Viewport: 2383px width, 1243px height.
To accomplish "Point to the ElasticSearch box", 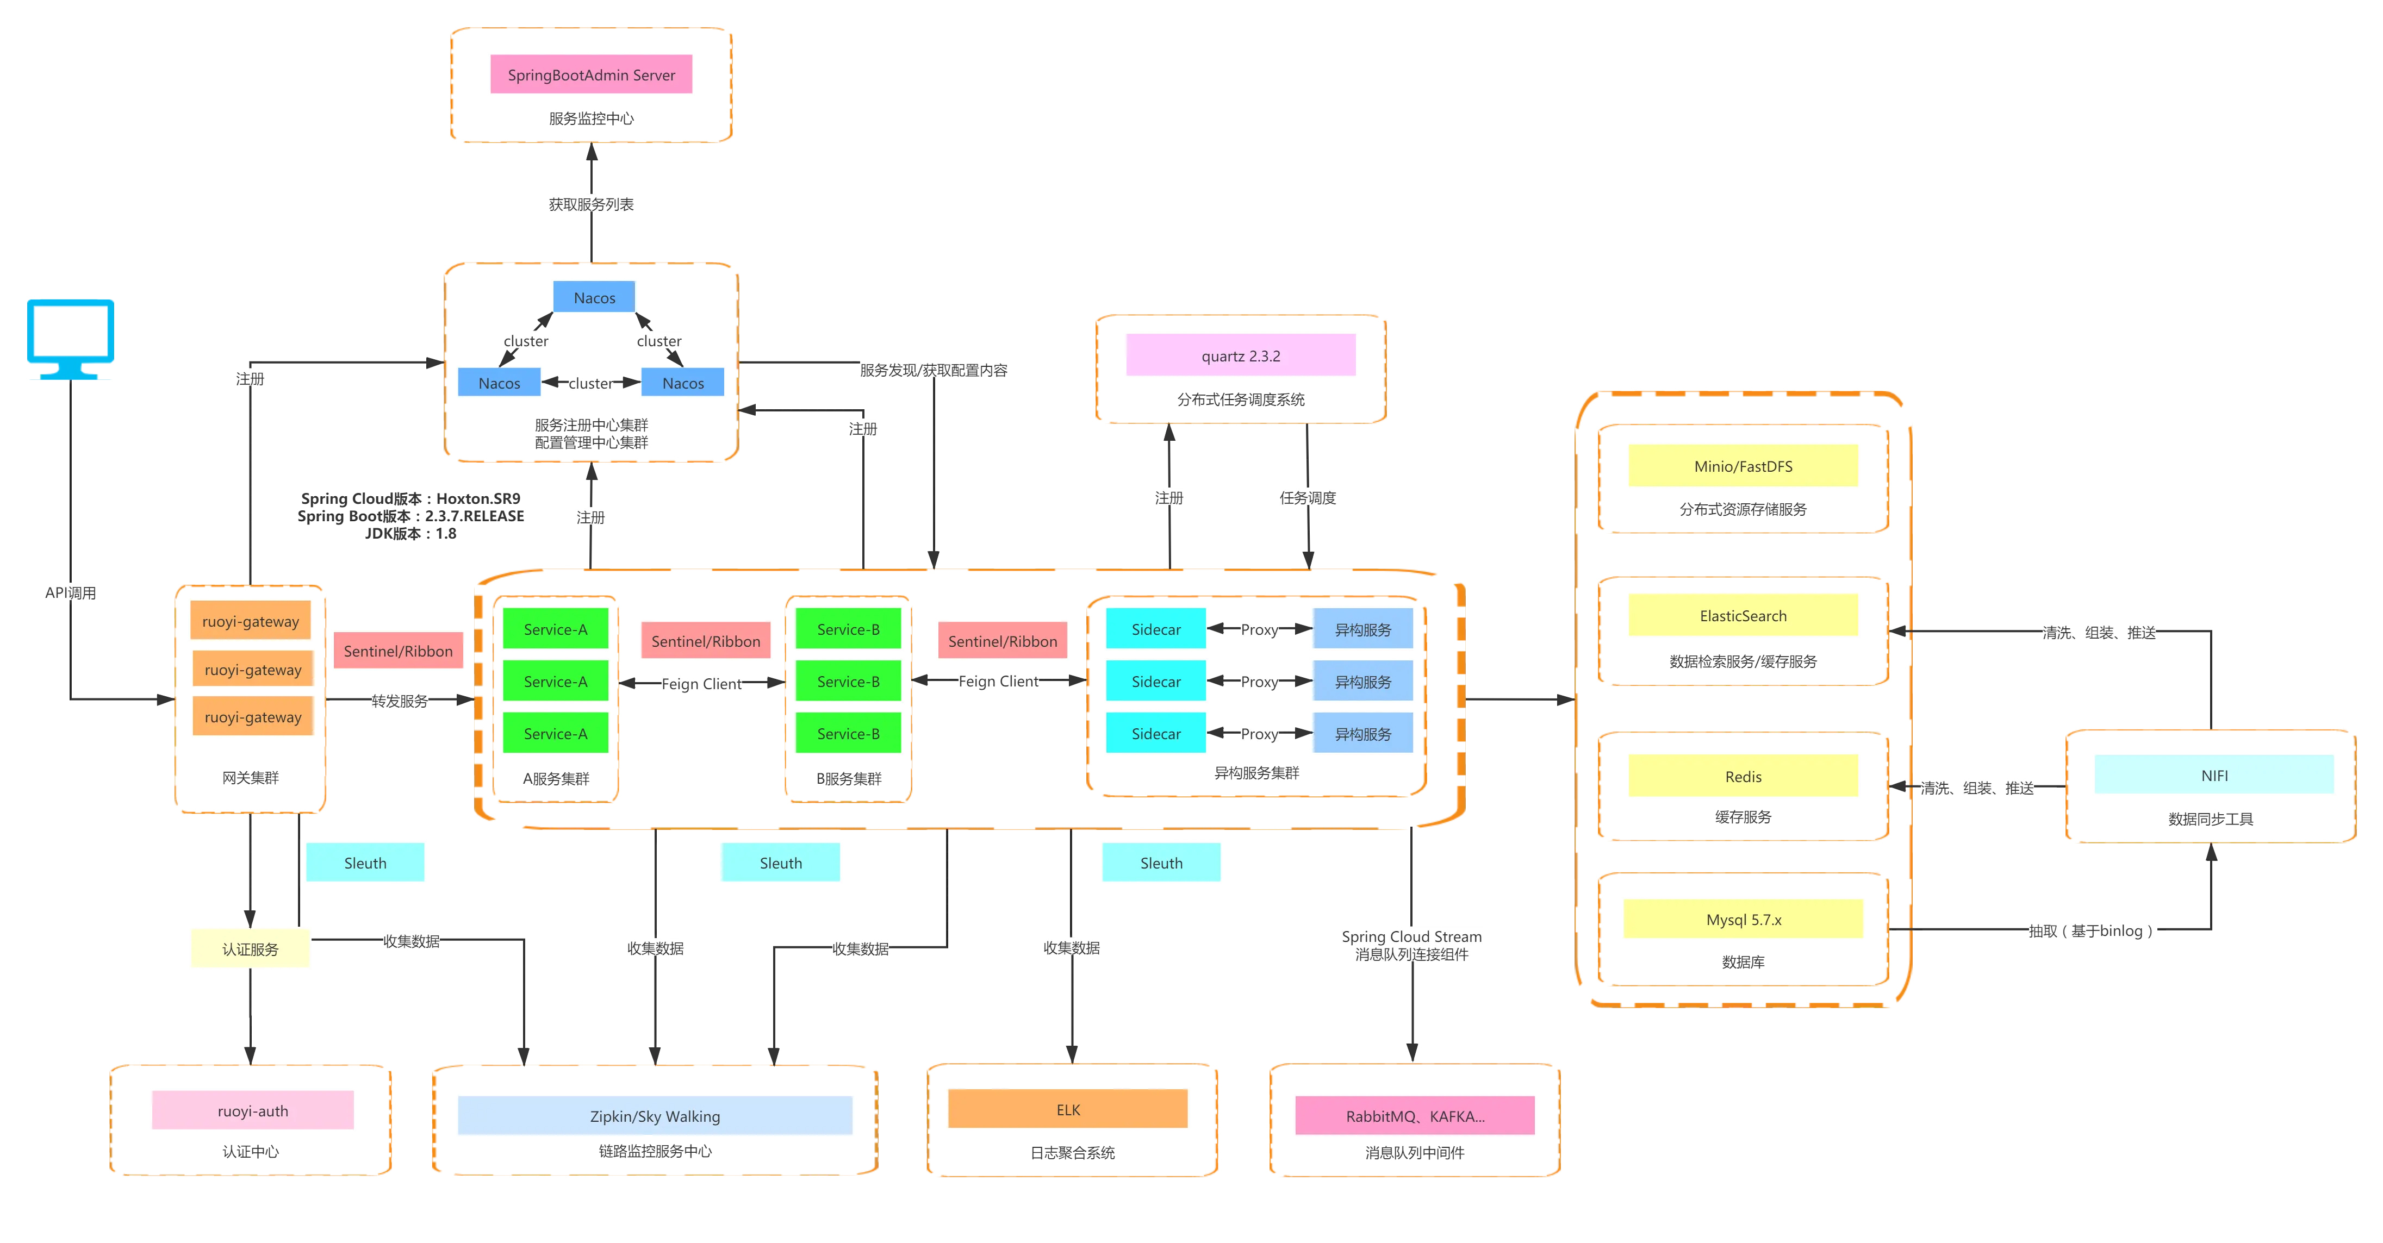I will [x=1743, y=616].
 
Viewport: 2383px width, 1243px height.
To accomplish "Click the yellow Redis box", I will [x=1743, y=776].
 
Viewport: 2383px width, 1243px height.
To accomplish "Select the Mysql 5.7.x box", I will [x=1743, y=919].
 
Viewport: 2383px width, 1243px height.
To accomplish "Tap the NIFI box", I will [x=2214, y=775].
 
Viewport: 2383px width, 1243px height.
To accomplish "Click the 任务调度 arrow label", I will [x=1307, y=497].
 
